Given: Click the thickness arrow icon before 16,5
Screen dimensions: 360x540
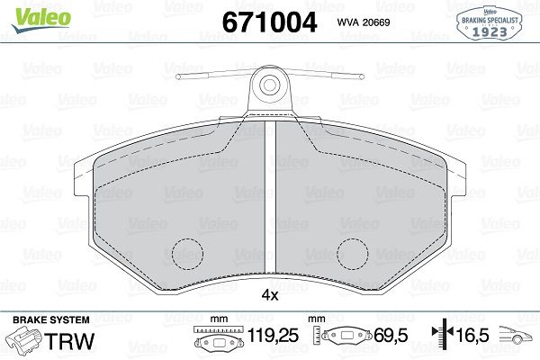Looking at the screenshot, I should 442,339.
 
